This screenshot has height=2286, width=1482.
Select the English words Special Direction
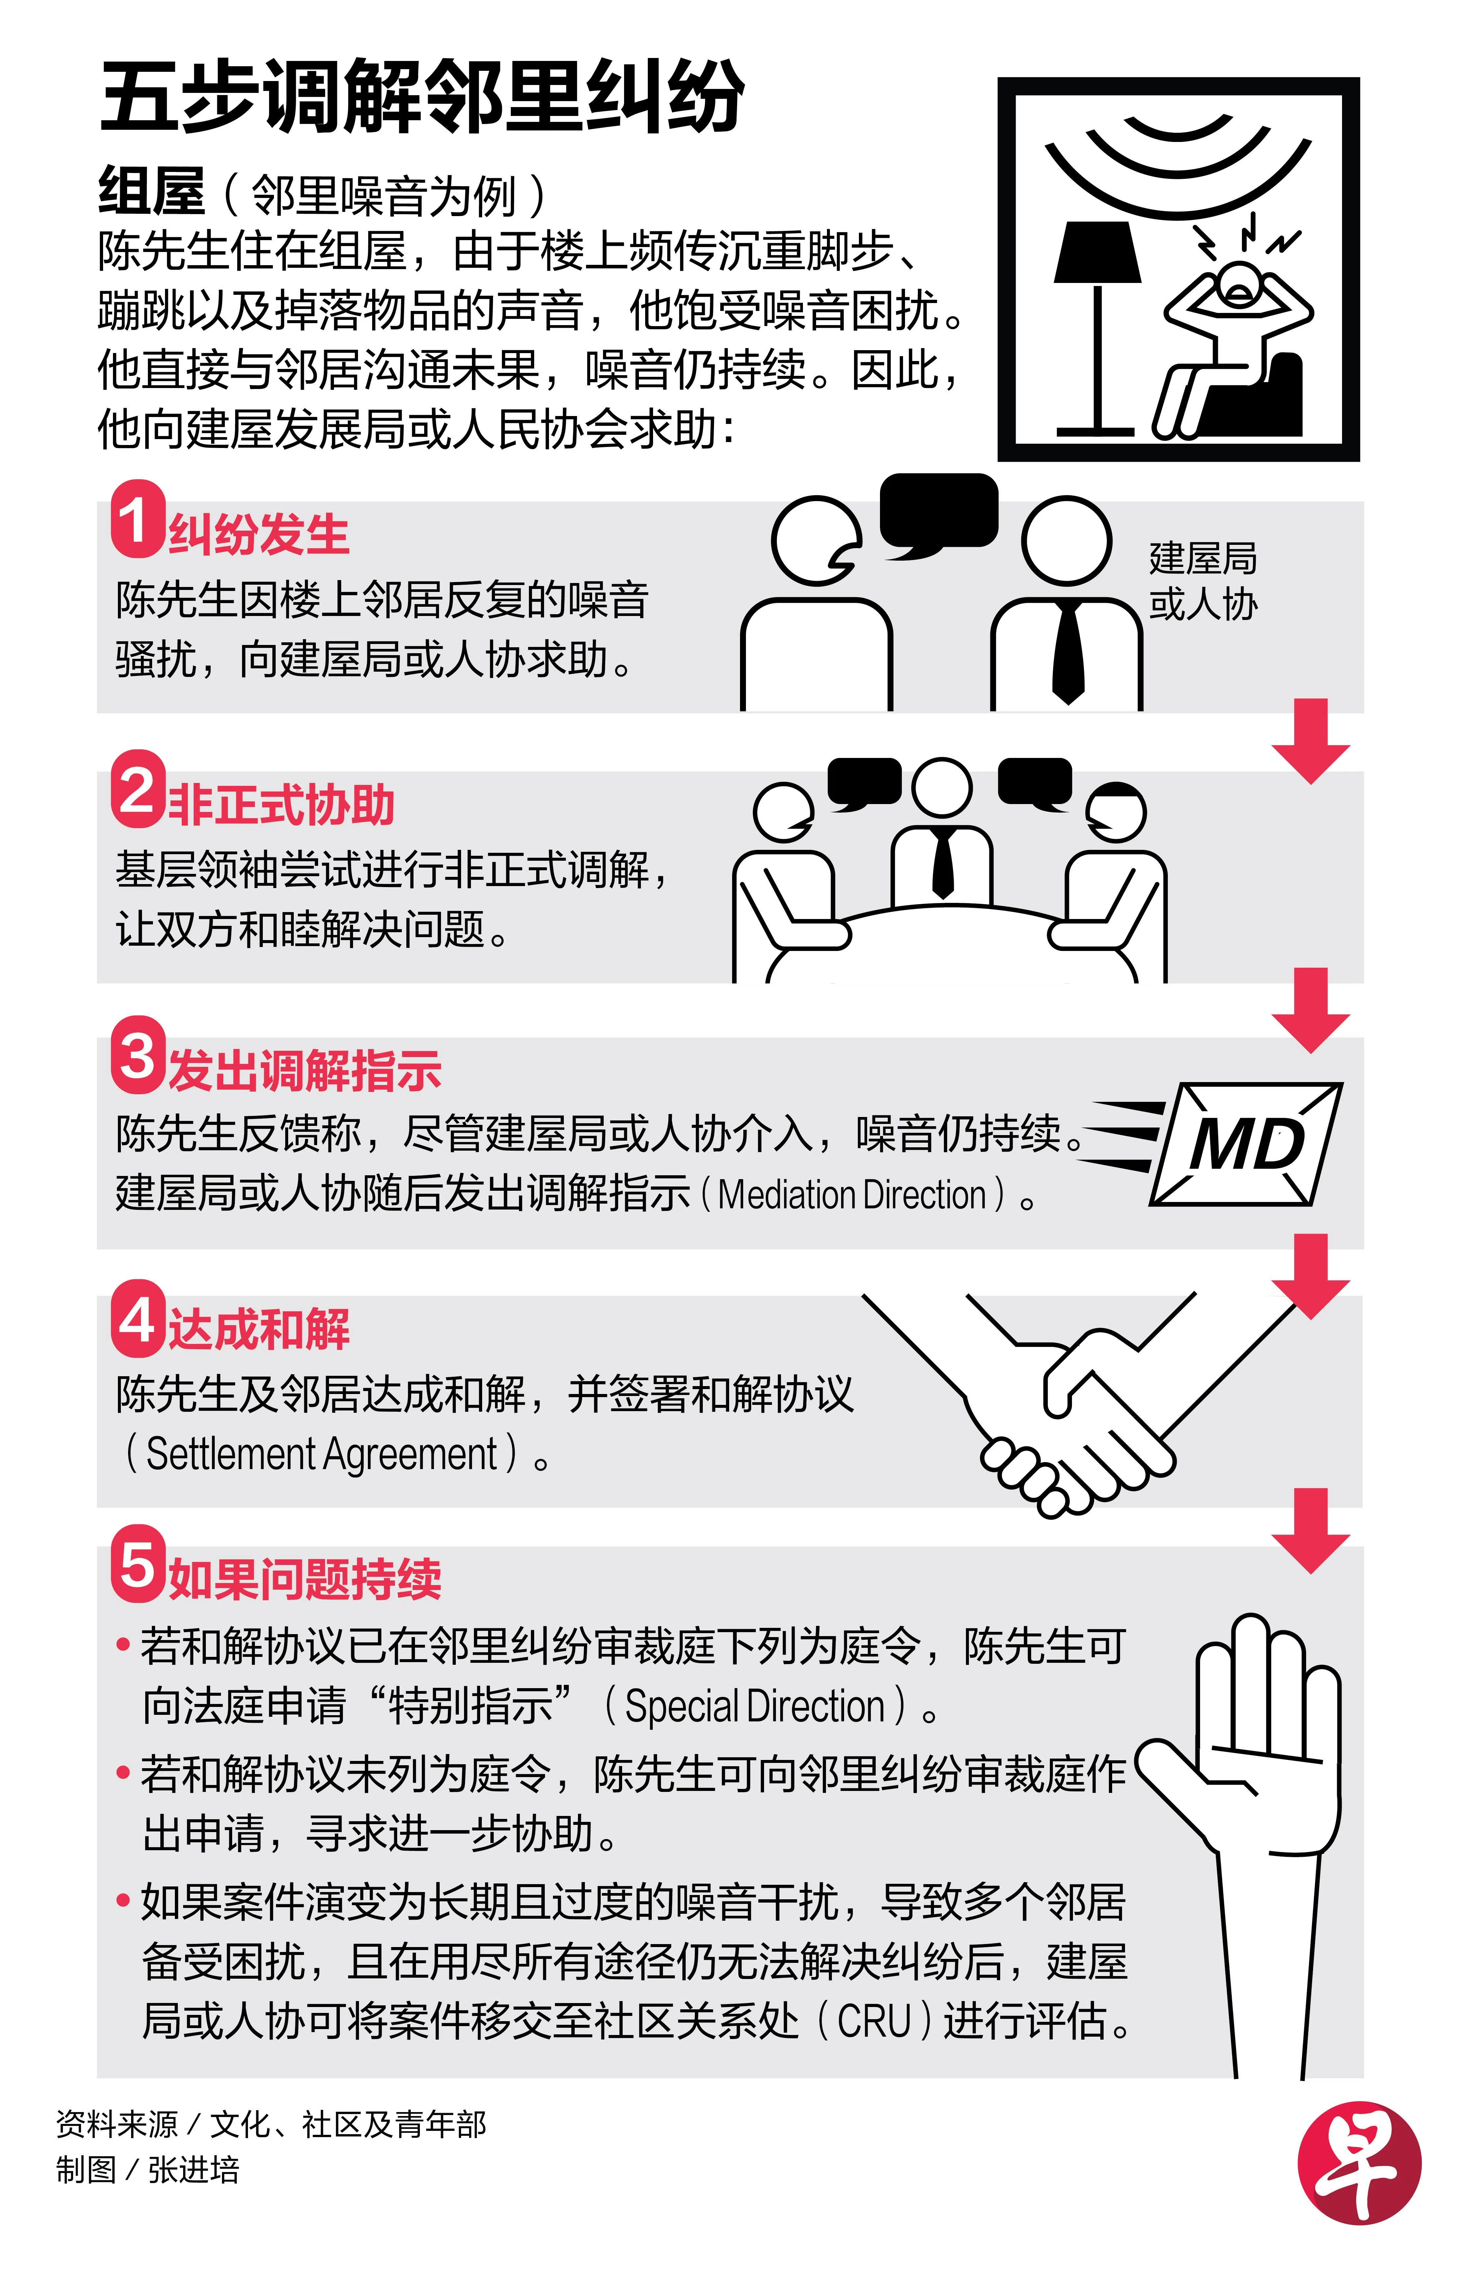[x=754, y=1706]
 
